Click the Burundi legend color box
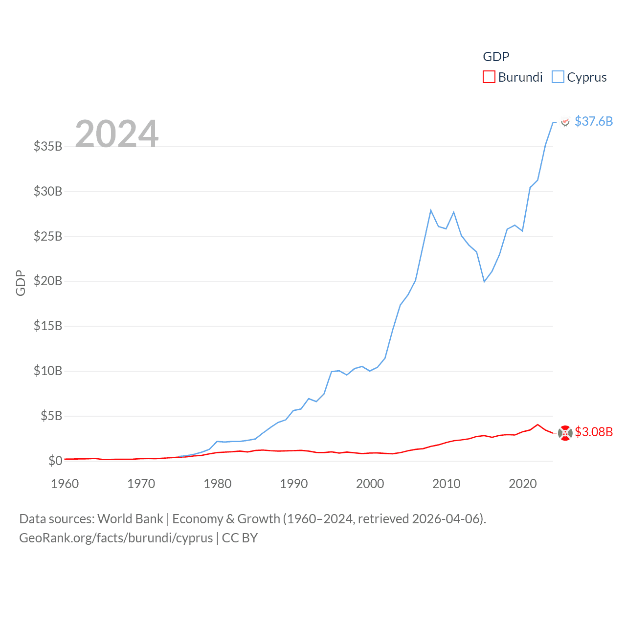click(489, 77)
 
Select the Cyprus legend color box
click(558, 77)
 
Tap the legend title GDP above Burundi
click(496, 57)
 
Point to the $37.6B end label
click(593, 121)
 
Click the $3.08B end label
click(593, 432)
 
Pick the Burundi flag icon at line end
click(565, 433)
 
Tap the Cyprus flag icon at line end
click(565, 122)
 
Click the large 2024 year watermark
click(116, 134)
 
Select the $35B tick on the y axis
click(48, 146)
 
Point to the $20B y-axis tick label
click(48, 281)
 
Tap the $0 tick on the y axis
click(55, 461)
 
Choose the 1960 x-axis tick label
click(65, 484)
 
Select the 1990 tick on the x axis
click(294, 484)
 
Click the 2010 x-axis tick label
click(447, 484)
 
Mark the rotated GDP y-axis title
click(21, 283)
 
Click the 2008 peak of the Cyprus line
click(431, 210)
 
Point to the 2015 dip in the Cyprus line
click(484, 282)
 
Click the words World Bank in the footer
click(130, 519)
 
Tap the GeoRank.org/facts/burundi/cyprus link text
click(116, 538)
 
